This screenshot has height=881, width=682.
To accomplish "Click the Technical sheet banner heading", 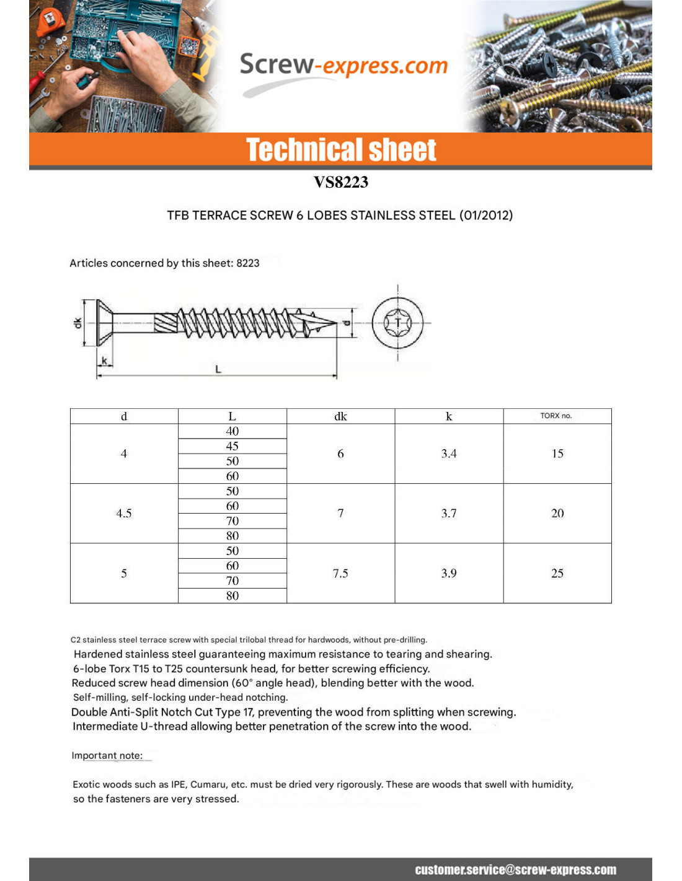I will coord(341,150).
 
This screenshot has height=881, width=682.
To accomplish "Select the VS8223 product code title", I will coord(340,182).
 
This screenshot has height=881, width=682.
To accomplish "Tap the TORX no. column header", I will coord(556,416).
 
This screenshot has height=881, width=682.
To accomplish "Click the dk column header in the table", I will coord(340,416).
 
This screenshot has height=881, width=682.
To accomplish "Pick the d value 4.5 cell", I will coord(124,513).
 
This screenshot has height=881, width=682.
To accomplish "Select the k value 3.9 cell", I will coord(449,573).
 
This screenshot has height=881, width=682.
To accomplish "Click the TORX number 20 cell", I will coord(557,513).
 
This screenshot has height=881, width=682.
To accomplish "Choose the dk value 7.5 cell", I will coord(340,573).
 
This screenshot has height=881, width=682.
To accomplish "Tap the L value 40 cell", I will coord(232,431).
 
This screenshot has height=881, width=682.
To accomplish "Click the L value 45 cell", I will coord(232,446).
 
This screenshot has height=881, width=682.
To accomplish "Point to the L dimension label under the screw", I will coord(218,369).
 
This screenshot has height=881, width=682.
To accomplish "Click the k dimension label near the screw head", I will coord(104,361).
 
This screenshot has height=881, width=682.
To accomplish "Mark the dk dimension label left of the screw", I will coord(77,323).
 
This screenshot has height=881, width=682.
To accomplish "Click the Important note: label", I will coord(107,755).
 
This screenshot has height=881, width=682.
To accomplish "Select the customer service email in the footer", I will coord(515,870).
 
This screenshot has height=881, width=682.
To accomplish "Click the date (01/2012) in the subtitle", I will coord(486,216).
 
